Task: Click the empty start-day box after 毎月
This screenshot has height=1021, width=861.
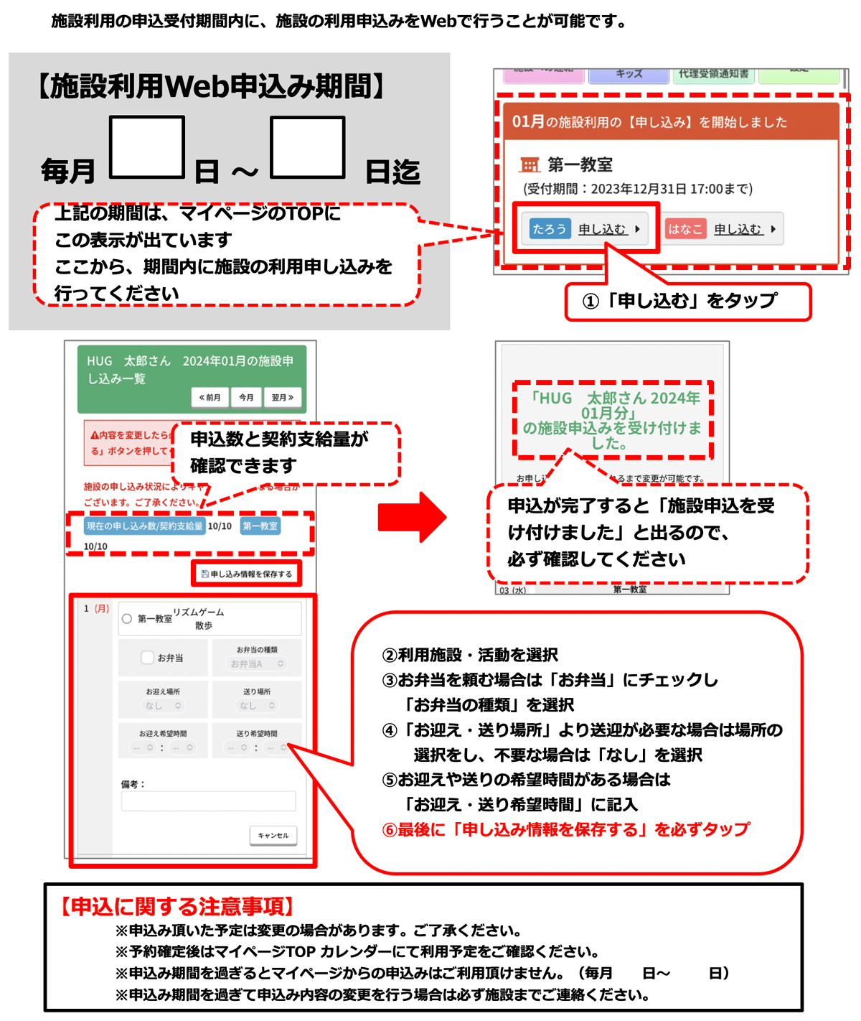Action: pyautogui.click(x=147, y=146)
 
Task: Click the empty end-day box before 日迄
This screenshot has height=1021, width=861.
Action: pyautogui.click(x=308, y=146)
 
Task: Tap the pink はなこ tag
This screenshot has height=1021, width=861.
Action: pyautogui.click(x=685, y=229)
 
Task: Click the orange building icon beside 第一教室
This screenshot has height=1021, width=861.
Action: pyautogui.click(x=530, y=165)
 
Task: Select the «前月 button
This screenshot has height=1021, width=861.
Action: pyautogui.click(x=210, y=397)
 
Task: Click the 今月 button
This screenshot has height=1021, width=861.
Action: pyautogui.click(x=246, y=397)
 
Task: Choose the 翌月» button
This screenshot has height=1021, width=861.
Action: pyautogui.click(x=282, y=397)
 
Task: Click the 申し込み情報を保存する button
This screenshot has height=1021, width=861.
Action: pyautogui.click(x=247, y=574)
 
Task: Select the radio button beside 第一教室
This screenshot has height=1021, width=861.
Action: pyautogui.click(x=127, y=618)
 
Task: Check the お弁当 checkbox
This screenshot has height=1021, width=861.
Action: pyautogui.click(x=147, y=657)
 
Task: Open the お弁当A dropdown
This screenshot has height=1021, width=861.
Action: pyautogui.click(x=257, y=664)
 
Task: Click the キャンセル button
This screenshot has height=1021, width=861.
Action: pyautogui.click(x=273, y=835)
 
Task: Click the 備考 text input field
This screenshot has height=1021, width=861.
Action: pyautogui.click(x=208, y=801)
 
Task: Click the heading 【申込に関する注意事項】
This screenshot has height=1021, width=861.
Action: pyautogui.click(x=177, y=907)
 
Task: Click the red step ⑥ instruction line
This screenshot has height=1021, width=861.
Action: pyautogui.click(x=566, y=830)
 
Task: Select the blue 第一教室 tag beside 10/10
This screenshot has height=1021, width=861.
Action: pyautogui.click(x=260, y=526)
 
